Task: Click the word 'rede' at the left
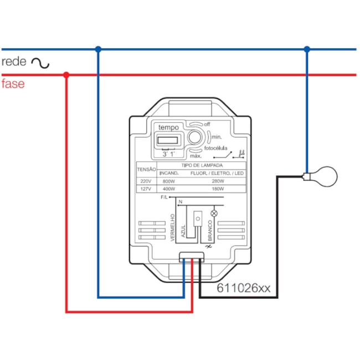click(14, 61)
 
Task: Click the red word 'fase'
click(13, 85)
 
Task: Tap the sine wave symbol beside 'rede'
click(40, 63)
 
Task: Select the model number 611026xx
click(243, 288)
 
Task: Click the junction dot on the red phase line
click(66, 75)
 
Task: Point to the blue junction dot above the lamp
click(307, 49)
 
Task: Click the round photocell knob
click(194, 138)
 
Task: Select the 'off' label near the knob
click(207, 124)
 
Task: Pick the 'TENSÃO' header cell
click(146, 169)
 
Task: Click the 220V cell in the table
click(146, 181)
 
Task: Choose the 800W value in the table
click(169, 181)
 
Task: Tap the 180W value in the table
click(218, 189)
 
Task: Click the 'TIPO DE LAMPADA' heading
click(202, 165)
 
